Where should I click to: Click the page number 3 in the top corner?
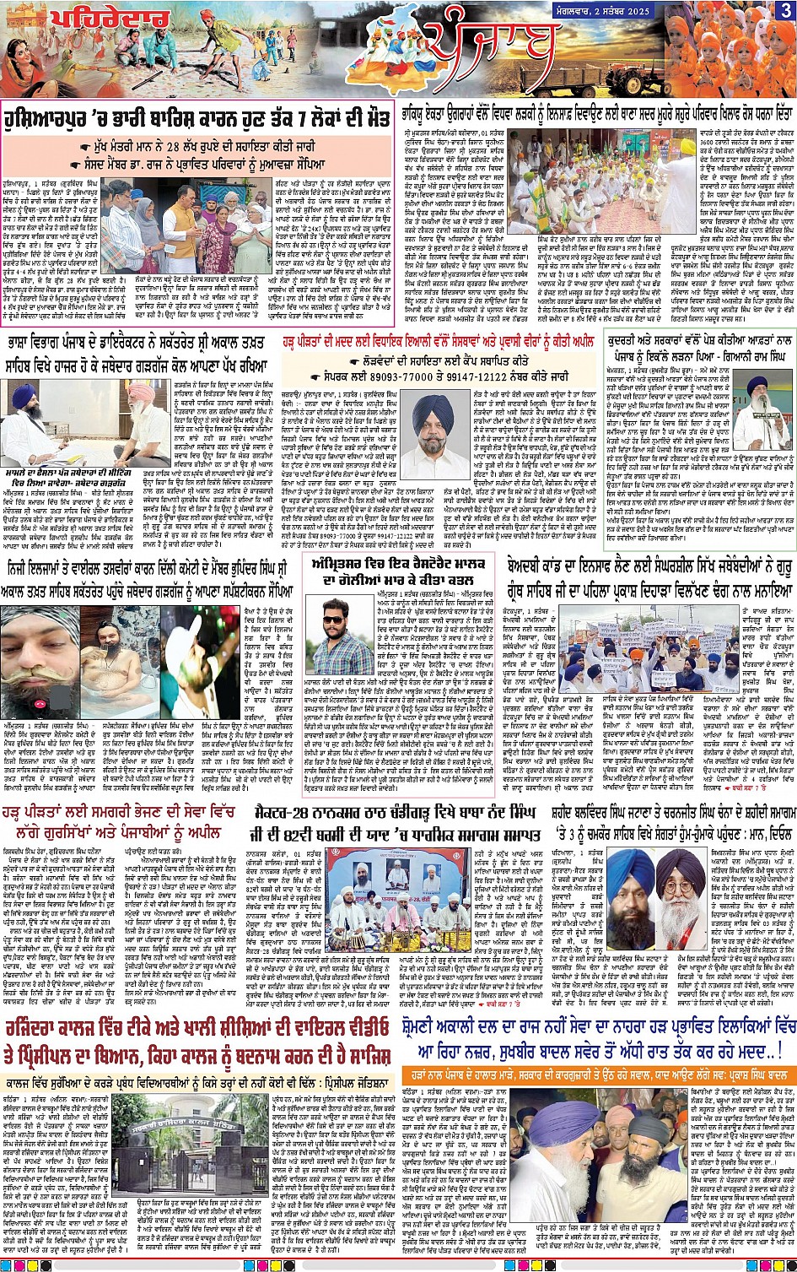[x=785, y=10]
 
